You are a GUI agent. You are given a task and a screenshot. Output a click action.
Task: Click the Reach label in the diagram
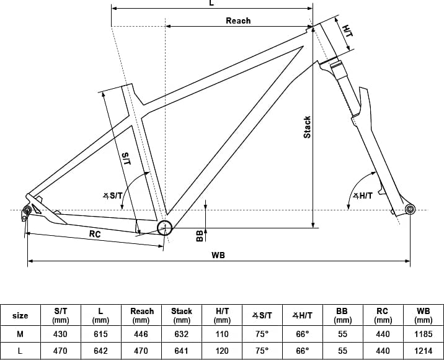(x=238, y=20)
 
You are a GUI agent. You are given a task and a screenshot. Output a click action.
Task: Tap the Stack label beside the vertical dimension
(x=307, y=127)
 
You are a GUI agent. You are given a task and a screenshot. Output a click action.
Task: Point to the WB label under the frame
(x=218, y=255)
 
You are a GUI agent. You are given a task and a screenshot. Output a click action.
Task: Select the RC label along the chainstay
(x=95, y=234)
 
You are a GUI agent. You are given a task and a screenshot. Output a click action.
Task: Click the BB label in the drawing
(x=200, y=236)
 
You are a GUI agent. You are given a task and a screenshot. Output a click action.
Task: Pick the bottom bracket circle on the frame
(x=164, y=228)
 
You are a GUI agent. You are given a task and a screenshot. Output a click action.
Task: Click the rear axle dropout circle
(x=27, y=210)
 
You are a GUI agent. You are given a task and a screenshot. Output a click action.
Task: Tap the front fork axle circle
(x=410, y=209)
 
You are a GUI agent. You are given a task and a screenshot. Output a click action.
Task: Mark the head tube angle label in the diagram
(x=363, y=196)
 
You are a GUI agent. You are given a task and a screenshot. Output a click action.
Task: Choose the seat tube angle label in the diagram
(x=113, y=196)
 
